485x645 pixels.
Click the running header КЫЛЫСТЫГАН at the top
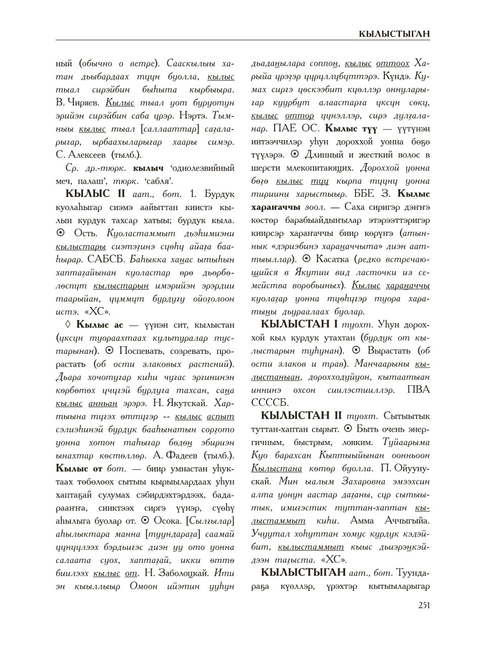(394, 34)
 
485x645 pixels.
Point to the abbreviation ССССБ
(270, 402)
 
